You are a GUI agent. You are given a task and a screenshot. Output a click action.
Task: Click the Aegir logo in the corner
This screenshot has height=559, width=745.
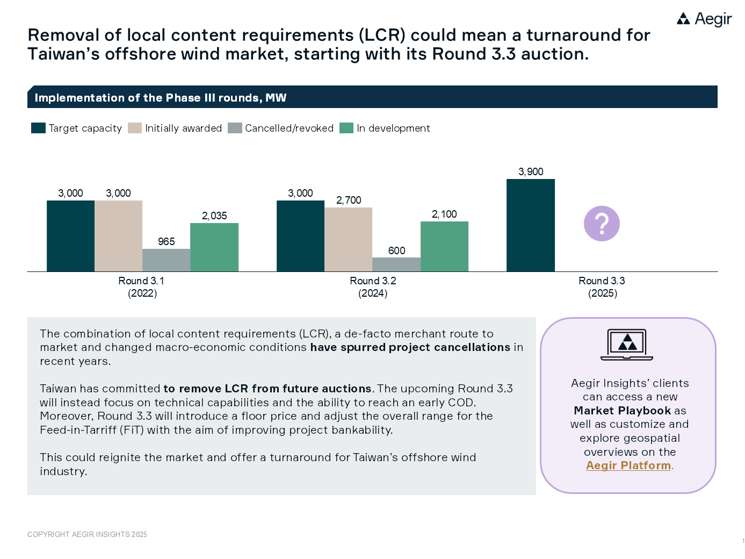point(704,19)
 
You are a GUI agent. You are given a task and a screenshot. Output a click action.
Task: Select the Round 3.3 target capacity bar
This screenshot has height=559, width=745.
point(530,225)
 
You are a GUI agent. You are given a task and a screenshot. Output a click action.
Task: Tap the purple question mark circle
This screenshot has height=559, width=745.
point(602,224)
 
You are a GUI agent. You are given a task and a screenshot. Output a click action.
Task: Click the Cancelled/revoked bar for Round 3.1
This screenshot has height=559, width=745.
point(166,260)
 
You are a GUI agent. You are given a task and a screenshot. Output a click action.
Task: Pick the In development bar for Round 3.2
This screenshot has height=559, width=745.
point(444,246)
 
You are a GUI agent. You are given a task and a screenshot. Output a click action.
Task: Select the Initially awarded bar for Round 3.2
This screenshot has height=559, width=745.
point(348,239)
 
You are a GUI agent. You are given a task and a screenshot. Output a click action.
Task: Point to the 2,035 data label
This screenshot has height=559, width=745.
point(214,216)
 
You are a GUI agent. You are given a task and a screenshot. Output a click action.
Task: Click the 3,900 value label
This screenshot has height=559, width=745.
point(531,172)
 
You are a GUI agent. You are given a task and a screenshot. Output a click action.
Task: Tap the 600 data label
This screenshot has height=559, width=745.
point(396,251)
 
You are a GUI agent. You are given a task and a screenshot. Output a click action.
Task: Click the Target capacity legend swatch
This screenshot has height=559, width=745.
point(38,128)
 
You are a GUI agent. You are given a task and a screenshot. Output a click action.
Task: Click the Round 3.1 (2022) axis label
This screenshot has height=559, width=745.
point(142,287)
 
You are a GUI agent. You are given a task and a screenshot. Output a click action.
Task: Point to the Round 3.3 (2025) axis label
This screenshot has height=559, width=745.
point(602,287)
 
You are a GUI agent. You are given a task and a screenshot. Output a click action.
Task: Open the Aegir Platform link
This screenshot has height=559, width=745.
point(628,465)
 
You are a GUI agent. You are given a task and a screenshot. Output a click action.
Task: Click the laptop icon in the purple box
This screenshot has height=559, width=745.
point(627,345)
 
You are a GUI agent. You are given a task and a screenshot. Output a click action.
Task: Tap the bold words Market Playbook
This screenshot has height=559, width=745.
point(622,411)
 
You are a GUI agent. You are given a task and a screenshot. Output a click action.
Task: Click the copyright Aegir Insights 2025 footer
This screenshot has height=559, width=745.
point(87,534)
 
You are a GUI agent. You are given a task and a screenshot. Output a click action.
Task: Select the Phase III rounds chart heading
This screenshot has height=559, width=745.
point(161,98)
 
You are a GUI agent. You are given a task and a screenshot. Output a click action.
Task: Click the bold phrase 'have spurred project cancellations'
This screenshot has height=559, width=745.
point(410,347)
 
